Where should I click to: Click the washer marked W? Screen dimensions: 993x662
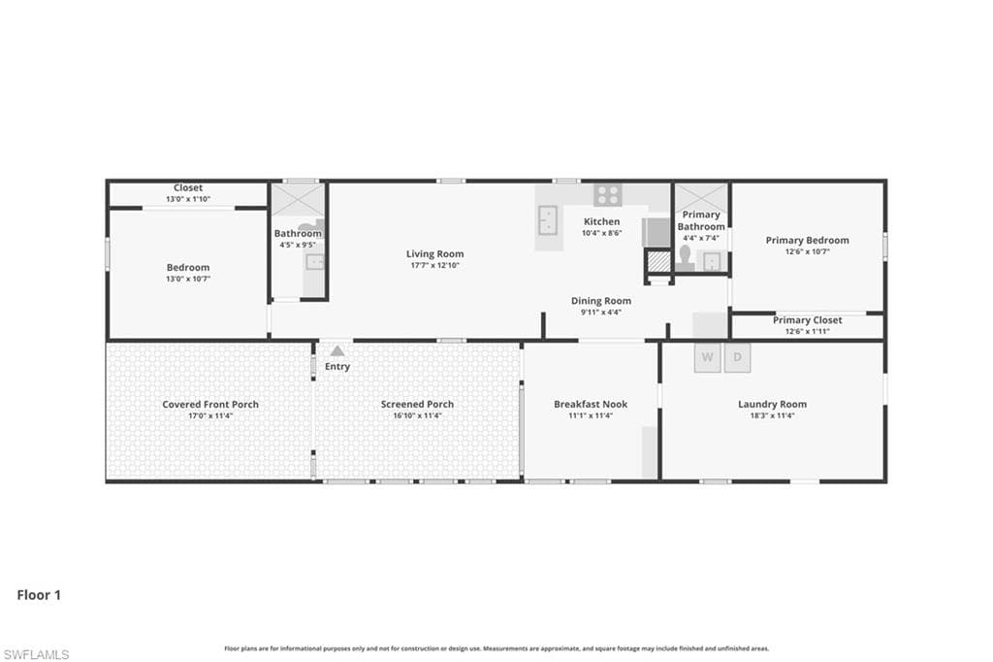[707, 357]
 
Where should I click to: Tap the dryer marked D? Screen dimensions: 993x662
[737, 357]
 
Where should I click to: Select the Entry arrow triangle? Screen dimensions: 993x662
[337, 350]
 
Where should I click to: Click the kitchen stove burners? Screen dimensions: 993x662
[608, 195]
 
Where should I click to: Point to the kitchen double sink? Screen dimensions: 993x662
[548, 220]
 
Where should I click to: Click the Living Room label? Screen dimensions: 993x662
[435, 253]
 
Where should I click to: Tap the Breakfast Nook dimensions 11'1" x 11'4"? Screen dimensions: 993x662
[591, 416]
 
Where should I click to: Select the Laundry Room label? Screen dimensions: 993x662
[773, 404]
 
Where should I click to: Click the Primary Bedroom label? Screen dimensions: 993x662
[808, 241]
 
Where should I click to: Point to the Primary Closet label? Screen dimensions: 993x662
[808, 320]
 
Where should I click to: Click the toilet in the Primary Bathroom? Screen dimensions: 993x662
[685, 258]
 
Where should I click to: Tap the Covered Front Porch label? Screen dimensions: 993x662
[210, 404]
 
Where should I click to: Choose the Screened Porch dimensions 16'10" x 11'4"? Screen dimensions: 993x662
[417, 416]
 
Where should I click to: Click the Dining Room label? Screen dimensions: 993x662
[601, 301]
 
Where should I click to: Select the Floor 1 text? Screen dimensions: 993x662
[39, 595]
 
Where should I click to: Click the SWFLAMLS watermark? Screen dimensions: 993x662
[36, 654]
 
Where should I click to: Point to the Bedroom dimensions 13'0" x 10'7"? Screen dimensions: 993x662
[188, 279]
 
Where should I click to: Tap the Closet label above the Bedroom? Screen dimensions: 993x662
[188, 187]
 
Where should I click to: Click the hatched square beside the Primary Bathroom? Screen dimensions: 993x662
[658, 261]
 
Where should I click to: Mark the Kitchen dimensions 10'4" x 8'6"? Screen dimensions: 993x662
[601, 233]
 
